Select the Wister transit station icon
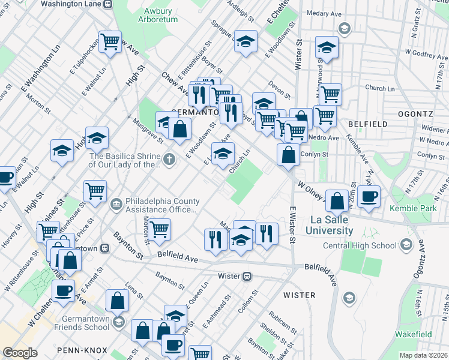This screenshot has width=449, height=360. pyautogui.click(x=246, y=276)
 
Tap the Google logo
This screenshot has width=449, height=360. pyautogui.click(x=20, y=353)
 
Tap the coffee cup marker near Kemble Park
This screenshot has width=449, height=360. pyautogui.click(x=369, y=196)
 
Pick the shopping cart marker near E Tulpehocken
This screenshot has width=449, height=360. pyautogui.click(x=110, y=42)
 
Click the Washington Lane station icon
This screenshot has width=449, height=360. pyautogui.click(x=107, y=4)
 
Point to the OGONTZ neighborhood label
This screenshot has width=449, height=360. pyautogui.click(x=415, y=113)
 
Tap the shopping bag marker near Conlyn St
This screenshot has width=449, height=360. pyautogui.click(x=289, y=154)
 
